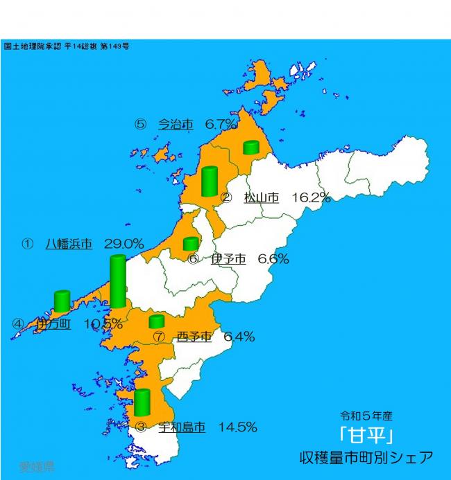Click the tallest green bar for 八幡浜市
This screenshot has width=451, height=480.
click(118, 281)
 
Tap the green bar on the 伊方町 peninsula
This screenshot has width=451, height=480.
click(62, 301)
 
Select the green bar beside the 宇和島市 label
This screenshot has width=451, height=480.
click(142, 402)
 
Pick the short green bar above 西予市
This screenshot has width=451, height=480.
click(157, 321)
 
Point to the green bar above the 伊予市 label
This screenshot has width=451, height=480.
click(191, 243)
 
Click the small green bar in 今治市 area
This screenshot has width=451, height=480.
click(250, 147)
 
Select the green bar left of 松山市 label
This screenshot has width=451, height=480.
click(209, 181)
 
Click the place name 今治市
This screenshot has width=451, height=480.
click(175, 124)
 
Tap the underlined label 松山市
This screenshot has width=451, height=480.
click(261, 197)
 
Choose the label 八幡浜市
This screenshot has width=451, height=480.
click(69, 244)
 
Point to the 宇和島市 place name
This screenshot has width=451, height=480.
click(182, 427)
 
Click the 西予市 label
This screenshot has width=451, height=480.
click(194, 337)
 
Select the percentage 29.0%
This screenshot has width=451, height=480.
click(124, 244)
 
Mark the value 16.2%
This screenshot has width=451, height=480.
click(311, 197)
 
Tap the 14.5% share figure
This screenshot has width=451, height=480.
click(238, 427)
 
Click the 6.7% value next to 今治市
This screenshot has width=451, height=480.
click(221, 124)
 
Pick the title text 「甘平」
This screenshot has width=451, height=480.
click(366, 436)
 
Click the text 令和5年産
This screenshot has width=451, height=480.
click(366, 416)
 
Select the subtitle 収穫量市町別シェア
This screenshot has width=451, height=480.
click(366, 458)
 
